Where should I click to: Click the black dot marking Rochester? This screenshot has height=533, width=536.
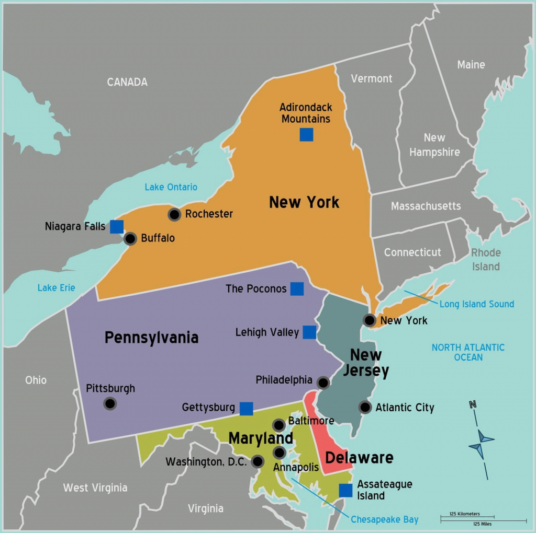click(174, 214)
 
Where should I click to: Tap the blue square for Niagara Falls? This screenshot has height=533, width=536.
click(117, 227)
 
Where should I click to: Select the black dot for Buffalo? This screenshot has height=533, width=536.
click(130, 239)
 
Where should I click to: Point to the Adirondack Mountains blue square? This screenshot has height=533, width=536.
click(306, 135)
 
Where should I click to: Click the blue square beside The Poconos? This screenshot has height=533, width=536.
click(297, 288)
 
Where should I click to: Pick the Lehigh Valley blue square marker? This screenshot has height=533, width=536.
click(309, 332)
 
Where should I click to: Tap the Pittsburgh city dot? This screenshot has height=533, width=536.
click(110, 403)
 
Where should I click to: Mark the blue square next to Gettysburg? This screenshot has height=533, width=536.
click(246, 408)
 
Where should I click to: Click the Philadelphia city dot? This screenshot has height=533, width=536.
click(323, 383)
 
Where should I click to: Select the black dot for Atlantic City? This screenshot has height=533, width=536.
click(365, 407)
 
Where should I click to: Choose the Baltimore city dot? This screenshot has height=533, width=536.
click(279, 425)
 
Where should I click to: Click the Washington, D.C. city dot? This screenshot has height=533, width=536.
click(258, 461)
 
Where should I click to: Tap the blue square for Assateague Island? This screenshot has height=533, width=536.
click(345, 490)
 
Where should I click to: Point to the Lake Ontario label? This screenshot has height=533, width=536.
click(171, 187)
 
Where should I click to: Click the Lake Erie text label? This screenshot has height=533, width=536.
click(56, 288)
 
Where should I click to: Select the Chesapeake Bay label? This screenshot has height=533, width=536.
click(385, 519)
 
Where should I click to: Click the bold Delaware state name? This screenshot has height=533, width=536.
click(359, 458)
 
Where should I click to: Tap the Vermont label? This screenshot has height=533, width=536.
click(372, 78)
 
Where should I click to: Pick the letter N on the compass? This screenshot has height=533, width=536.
click(473, 404)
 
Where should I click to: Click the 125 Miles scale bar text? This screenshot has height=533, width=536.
click(482, 524)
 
